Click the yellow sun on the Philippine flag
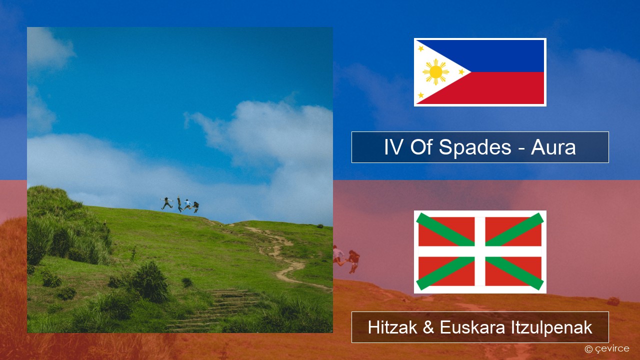pyautogui.click(x=435, y=72)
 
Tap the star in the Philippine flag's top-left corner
pyautogui.click(x=421, y=48)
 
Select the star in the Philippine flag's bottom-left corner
pyautogui.click(x=421, y=95)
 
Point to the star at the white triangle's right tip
pyautogui.click(x=461, y=71)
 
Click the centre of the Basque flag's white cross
pyautogui.click(x=480, y=251)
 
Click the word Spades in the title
pyautogui.click(x=475, y=147)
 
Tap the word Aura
pyautogui.click(x=553, y=147)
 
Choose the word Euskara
pyautogui.click(x=472, y=327)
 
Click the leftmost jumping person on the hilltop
pyautogui.click(x=167, y=203)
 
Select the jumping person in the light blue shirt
pyautogui.click(x=187, y=204)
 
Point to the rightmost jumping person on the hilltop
pyautogui.click(x=196, y=207)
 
